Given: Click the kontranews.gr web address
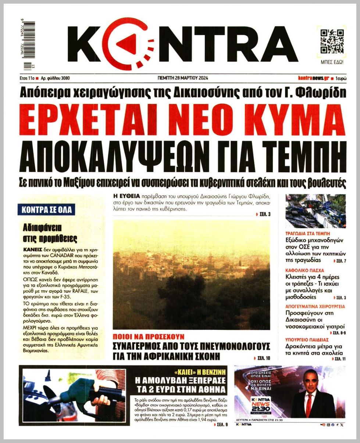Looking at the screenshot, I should pos(313,78).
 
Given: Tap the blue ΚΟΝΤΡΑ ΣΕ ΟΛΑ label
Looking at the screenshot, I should pos(46,210).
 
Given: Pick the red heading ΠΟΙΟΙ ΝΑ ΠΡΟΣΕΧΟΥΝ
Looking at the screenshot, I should pos(149,336).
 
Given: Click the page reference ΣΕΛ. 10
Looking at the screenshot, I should pos(263,357).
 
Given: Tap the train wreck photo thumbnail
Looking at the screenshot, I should pos(316,211).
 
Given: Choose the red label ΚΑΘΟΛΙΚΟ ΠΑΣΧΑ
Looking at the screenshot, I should pos(304,270).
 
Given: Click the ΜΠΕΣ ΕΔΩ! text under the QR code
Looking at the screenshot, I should pos(332,62).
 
